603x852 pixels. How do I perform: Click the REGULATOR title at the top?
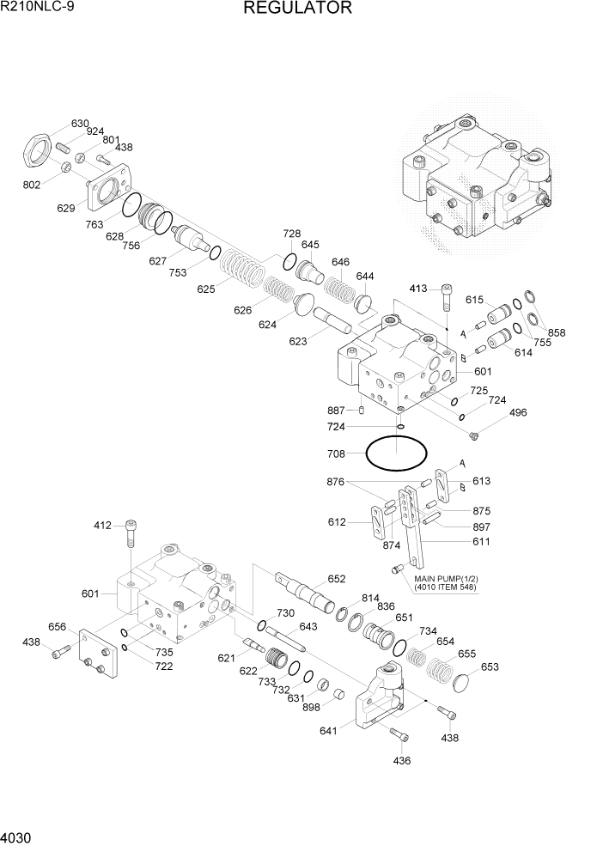(297, 9)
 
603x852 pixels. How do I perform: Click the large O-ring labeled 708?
(396, 453)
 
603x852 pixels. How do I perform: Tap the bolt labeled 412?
(131, 533)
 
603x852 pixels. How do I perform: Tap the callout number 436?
(401, 760)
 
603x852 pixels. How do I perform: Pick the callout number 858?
(557, 332)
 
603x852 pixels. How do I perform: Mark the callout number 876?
(336, 483)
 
